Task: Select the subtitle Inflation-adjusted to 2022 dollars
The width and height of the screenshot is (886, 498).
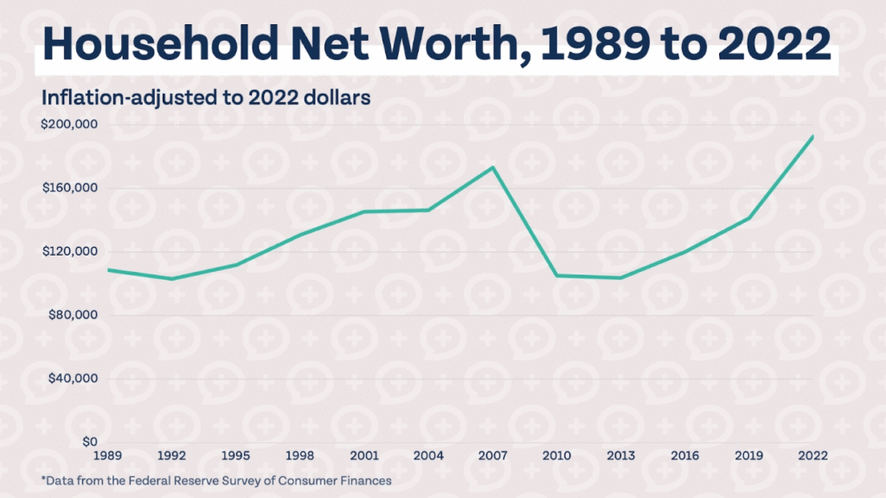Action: click(206, 97)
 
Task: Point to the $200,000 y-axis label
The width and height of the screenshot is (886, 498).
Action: click(68, 125)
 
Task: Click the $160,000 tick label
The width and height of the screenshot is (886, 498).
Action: click(68, 188)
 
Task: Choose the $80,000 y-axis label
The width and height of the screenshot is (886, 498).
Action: click(71, 315)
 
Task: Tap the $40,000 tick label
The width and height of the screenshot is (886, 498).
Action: click(71, 378)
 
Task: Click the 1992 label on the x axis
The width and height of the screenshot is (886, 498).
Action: click(172, 455)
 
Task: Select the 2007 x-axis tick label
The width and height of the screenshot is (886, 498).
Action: click(492, 455)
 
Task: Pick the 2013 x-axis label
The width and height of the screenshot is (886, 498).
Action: click(620, 455)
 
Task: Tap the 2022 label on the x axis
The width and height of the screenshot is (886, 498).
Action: click(812, 455)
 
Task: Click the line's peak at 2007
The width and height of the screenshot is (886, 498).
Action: click(492, 167)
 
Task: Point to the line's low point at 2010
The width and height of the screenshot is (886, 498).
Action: click(556, 275)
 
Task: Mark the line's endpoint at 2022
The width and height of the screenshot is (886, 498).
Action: click(812, 137)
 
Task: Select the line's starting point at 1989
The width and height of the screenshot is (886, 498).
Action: click(109, 269)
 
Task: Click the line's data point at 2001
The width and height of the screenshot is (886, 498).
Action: click(364, 211)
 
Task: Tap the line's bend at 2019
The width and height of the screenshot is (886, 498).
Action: click(748, 218)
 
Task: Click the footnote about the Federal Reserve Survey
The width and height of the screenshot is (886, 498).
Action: click(216, 480)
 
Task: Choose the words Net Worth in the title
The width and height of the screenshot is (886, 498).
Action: click(402, 44)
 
